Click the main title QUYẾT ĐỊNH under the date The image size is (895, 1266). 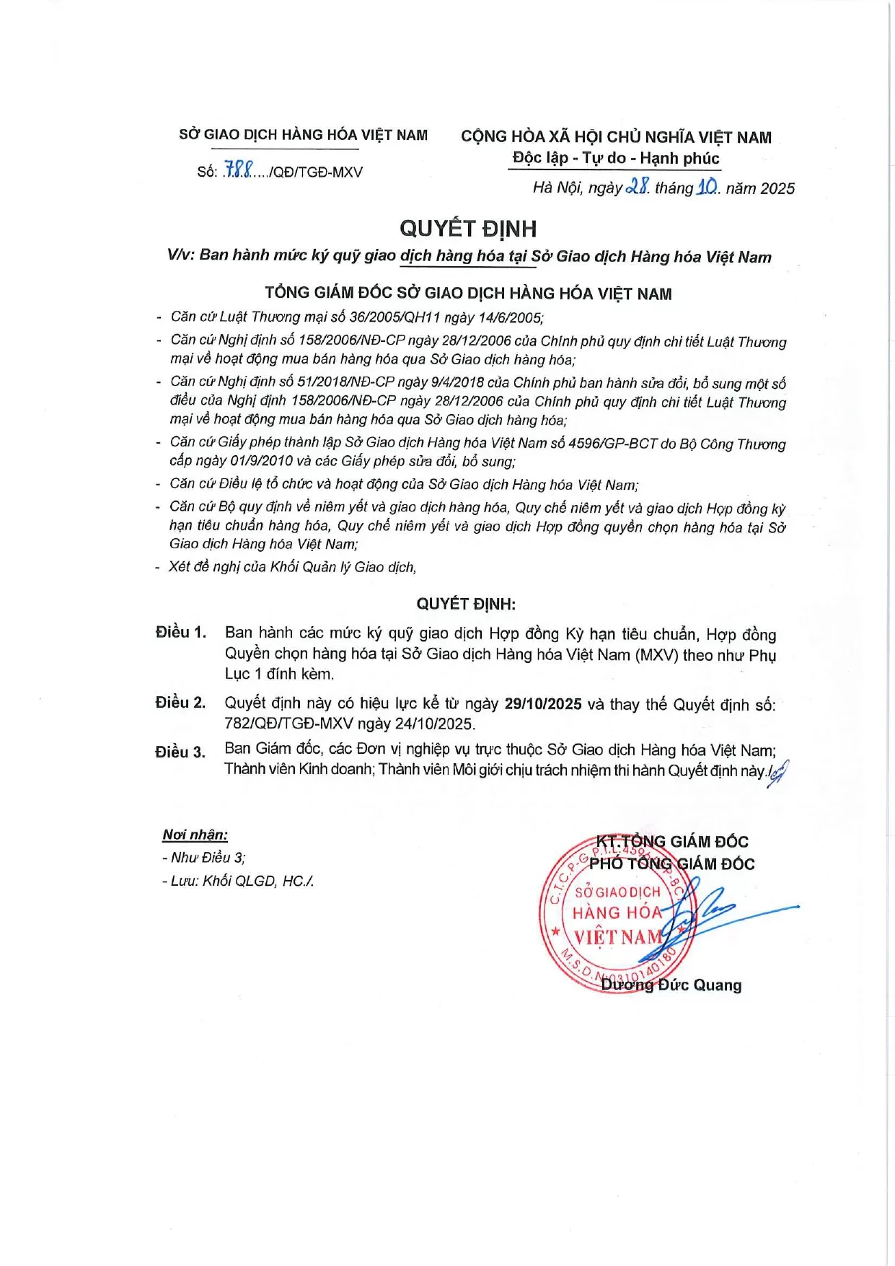click(468, 229)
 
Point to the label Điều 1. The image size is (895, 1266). click(181, 633)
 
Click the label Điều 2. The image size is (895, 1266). click(180, 703)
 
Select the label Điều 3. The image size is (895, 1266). click(180, 752)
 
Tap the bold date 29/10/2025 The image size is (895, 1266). click(543, 704)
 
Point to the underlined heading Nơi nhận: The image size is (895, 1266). click(195, 835)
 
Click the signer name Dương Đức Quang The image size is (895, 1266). click(671, 985)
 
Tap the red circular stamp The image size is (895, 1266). click(617, 915)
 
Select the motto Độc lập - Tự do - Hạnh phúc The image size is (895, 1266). click(615, 158)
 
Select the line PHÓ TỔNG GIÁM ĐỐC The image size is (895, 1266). click(671, 863)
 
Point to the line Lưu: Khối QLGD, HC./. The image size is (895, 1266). click(238, 881)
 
